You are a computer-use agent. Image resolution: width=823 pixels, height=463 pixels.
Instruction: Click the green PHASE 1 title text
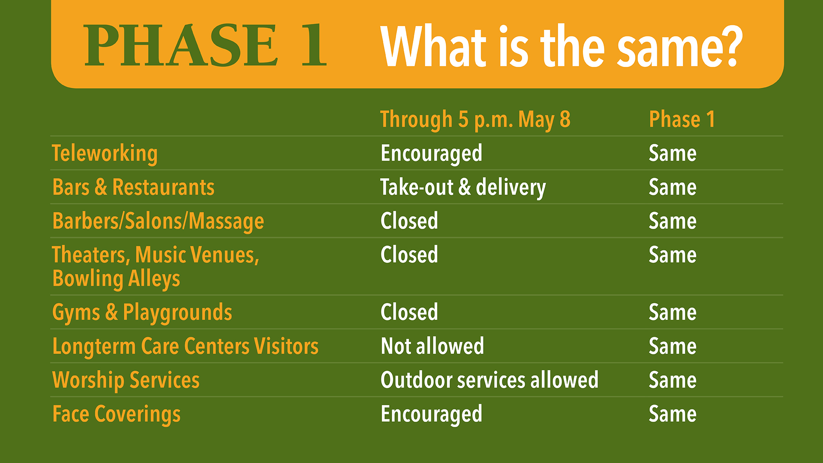[205, 45]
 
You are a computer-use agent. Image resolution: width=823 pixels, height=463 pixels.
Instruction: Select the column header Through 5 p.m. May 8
[475, 120]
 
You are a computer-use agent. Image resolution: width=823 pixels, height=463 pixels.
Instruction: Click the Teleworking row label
[105, 153]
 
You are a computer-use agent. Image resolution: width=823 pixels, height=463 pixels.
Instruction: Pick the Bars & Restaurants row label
[133, 187]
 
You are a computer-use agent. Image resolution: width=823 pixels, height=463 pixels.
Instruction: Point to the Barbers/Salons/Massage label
[158, 221]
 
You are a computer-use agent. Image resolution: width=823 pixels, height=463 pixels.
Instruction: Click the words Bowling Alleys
[116, 279]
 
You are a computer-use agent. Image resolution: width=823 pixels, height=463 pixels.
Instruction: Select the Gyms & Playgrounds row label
[142, 313]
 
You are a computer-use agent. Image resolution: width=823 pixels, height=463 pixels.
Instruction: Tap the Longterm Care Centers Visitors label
[185, 346]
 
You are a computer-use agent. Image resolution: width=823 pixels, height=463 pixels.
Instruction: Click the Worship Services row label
[126, 380]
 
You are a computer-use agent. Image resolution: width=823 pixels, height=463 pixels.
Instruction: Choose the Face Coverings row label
[116, 414]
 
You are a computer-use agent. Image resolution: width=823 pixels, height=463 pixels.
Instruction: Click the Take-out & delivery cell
[463, 188]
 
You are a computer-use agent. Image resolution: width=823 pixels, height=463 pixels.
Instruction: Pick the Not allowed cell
[432, 346]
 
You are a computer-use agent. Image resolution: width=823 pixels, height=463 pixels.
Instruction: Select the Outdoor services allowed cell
[490, 380]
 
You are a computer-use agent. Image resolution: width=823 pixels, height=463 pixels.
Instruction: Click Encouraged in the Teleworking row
[431, 153]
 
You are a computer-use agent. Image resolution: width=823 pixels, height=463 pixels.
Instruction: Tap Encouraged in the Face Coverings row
[431, 414]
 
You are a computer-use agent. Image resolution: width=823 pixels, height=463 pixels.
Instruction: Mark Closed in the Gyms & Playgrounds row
[409, 312]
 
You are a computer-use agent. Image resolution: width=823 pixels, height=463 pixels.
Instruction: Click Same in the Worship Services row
[673, 380]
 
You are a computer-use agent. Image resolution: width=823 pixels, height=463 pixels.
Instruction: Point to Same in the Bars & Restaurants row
[673, 187]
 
